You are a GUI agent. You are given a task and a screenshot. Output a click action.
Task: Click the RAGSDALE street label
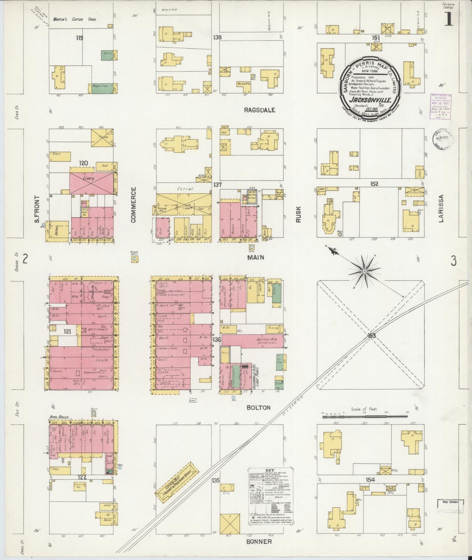pos(259,110)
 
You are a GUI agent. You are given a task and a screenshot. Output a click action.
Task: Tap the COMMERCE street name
pos(133,205)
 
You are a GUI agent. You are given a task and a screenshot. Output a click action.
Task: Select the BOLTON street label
pos(258,408)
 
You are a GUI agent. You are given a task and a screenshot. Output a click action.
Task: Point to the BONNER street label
pos(259,542)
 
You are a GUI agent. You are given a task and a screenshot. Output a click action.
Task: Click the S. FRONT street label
pos(37,209)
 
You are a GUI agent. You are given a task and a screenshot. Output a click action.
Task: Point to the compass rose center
pos(364,271)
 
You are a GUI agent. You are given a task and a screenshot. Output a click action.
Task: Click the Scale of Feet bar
pos(365,417)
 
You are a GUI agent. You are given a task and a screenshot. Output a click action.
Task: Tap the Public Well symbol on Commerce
pos(134,259)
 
